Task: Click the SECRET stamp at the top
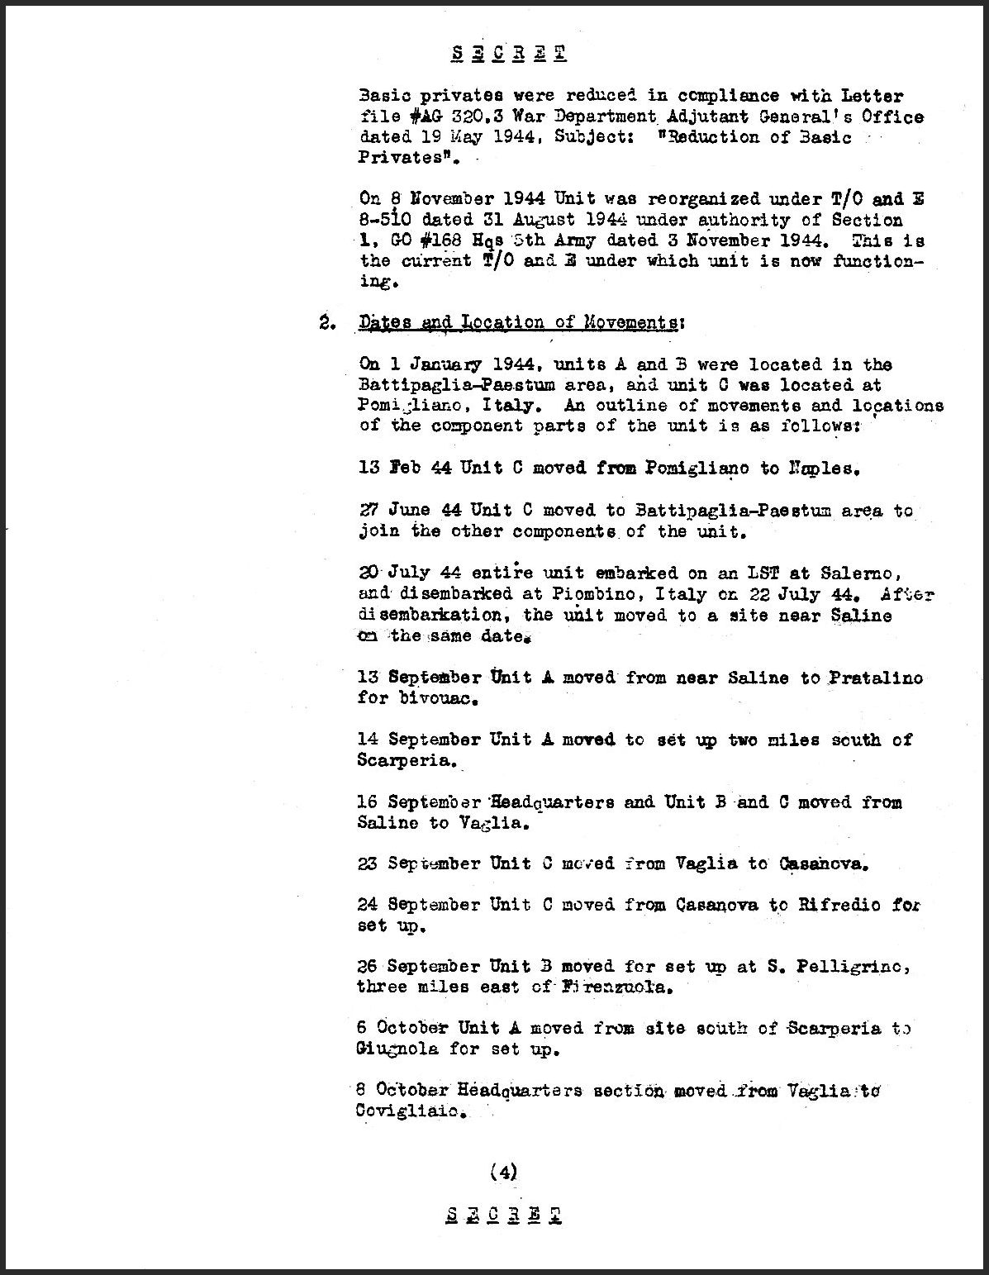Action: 508,55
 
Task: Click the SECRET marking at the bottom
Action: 504,1215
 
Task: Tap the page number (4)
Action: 503,1171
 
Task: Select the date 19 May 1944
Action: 469,138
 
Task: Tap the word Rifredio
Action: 838,905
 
